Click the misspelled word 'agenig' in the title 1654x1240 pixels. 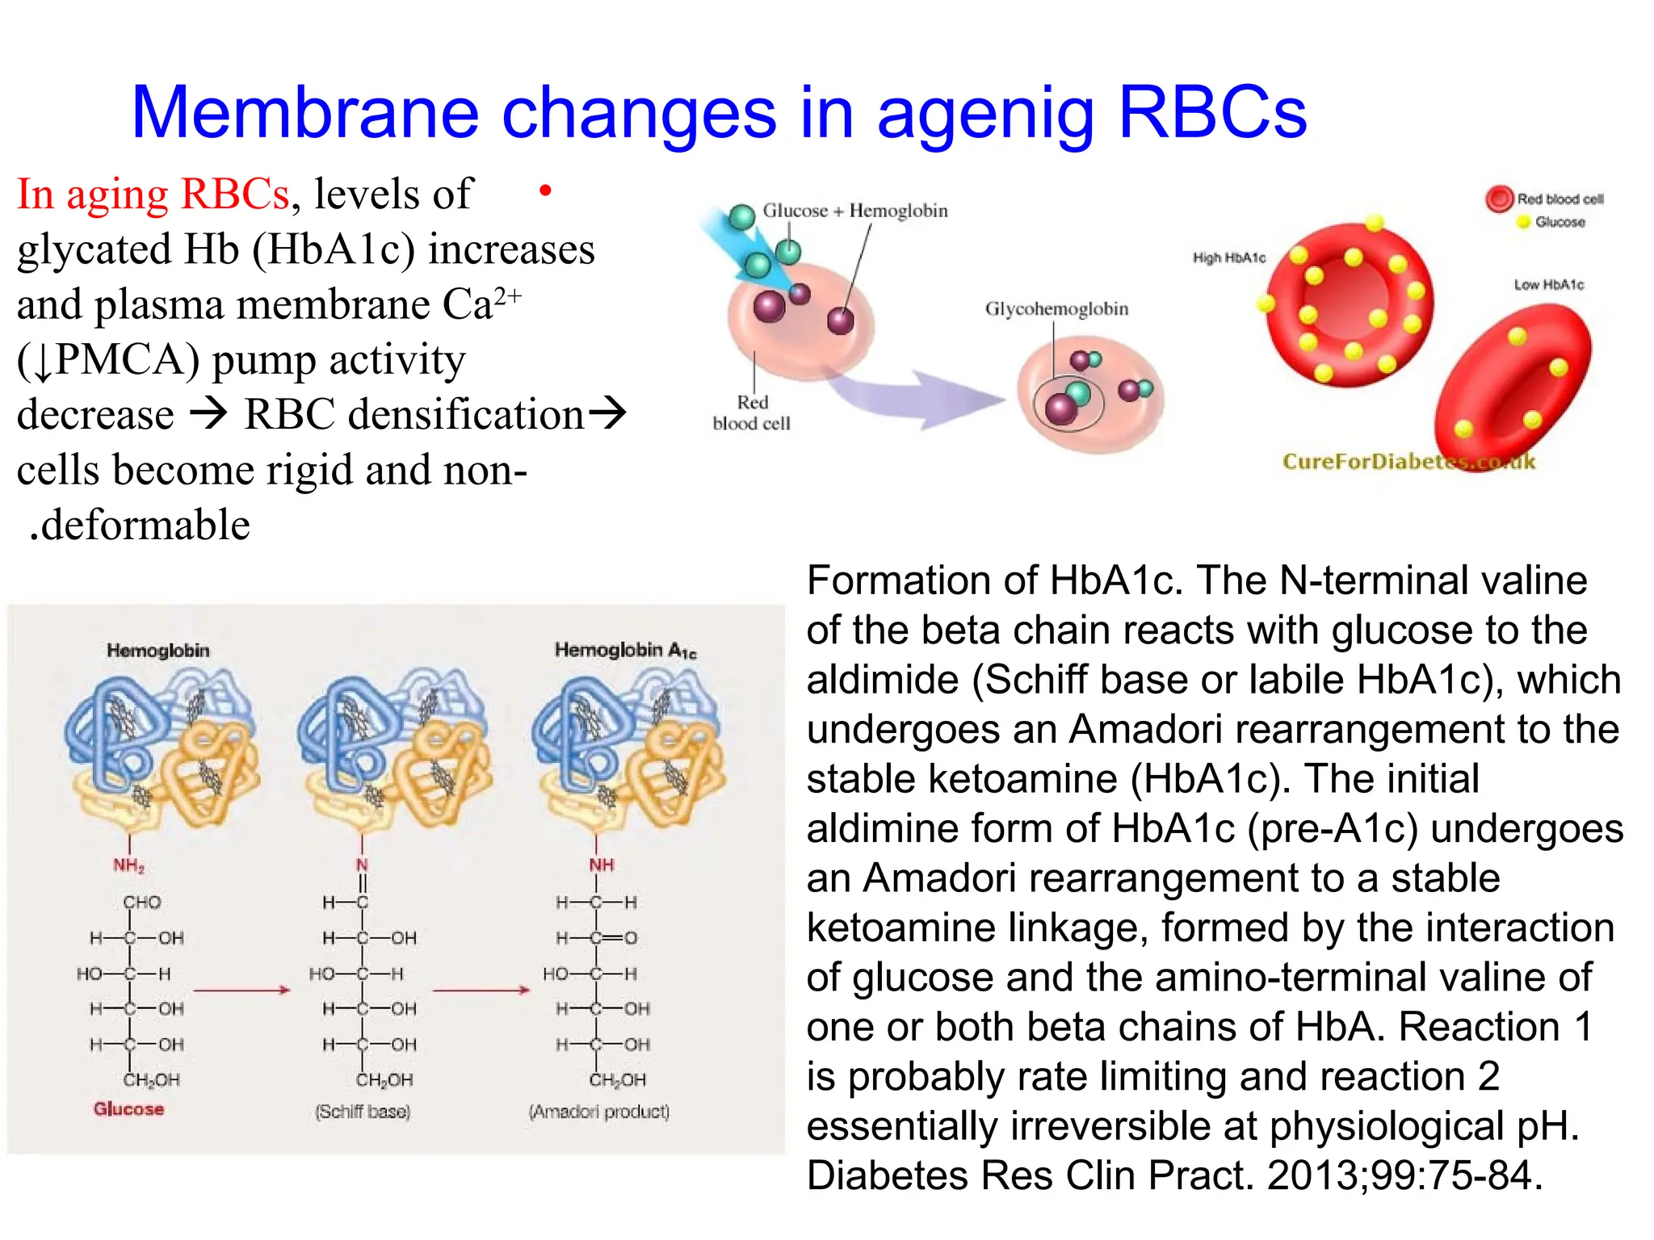985,115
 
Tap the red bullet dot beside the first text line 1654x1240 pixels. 545,191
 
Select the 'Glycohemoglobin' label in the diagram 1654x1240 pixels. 1056,308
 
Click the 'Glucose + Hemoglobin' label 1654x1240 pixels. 854,211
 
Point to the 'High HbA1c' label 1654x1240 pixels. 1228,258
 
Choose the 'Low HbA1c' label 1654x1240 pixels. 1548,284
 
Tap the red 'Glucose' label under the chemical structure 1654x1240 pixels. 128,1108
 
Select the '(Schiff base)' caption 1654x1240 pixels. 363,1112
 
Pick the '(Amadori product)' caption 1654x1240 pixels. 598,1112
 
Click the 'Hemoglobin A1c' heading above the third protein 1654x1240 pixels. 624,651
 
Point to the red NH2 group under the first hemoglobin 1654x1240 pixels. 128,865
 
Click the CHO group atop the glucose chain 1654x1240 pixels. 142,902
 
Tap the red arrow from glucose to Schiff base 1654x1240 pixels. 241,990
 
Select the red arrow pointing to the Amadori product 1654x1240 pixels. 481,990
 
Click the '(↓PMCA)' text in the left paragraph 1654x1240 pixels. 108,360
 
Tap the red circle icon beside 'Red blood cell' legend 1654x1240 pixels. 1498,199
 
